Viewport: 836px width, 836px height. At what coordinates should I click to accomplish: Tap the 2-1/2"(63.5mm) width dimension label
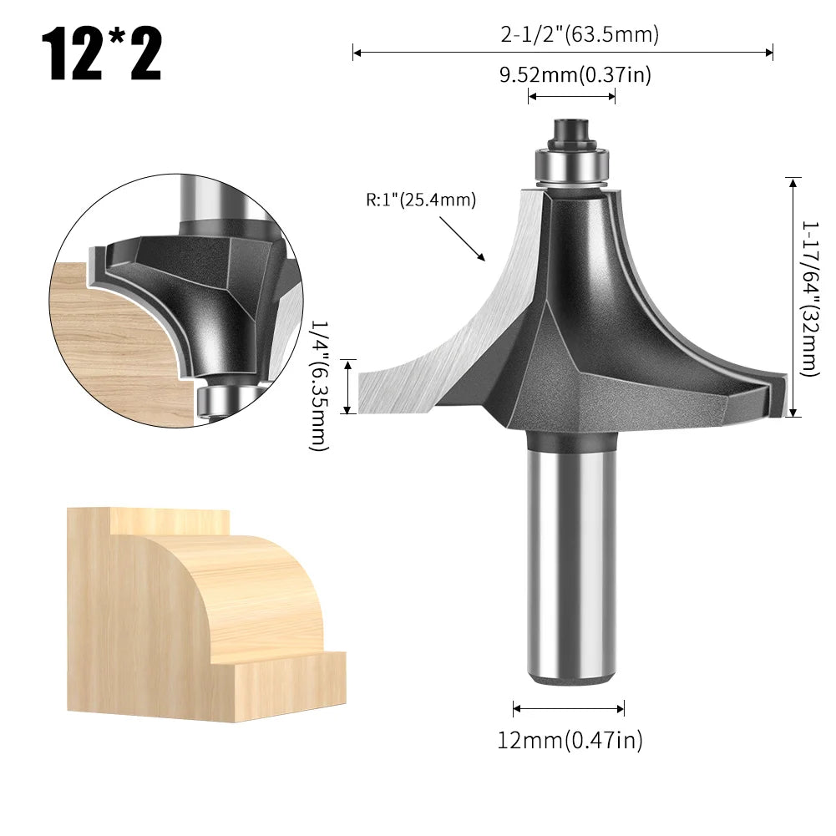pyautogui.click(x=580, y=34)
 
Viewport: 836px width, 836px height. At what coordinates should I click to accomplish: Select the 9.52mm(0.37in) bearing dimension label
pyautogui.click(x=575, y=75)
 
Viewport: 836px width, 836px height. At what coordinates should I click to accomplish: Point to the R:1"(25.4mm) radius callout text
pyautogui.click(x=420, y=200)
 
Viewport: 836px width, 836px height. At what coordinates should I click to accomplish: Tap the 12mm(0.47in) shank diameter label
pyautogui.click(x=571, y=739)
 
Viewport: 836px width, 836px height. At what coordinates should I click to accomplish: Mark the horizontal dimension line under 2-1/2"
pyautogui.click(x=562, y=53)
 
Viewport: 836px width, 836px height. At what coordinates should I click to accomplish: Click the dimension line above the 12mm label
pyautogui.click(x=569, y=709)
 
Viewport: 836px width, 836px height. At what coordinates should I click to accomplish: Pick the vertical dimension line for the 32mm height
pyautogui.click(x=793, y=296)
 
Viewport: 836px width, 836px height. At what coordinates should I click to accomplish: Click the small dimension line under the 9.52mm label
pyautogui.click(x=571, y=96)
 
